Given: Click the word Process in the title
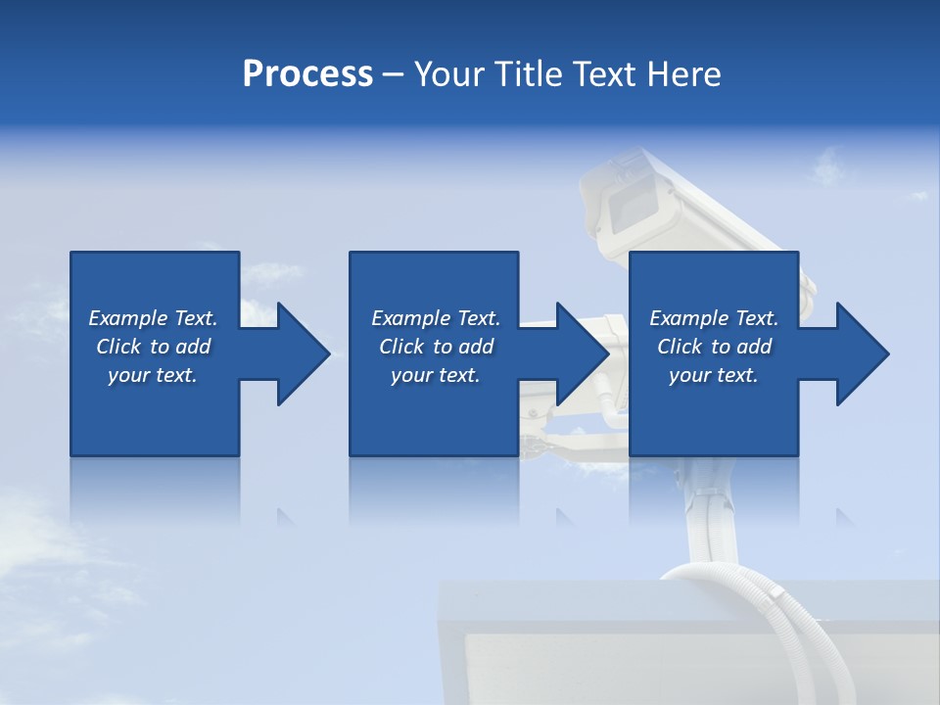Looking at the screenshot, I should tap(307, 73).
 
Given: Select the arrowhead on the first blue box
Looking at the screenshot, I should tap(298, 353).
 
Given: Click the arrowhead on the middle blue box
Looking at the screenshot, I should tap(578, 353).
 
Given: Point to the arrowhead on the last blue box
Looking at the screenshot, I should tap(858, 353).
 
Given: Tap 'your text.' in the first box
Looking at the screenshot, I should tap(153, 375).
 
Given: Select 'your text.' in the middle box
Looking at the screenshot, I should tap(435, 375).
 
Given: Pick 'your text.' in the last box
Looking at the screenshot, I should tap(714, 375).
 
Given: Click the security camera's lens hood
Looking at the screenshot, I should tap(627, 196).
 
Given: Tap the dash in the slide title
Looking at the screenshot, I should tap(394, 74).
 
